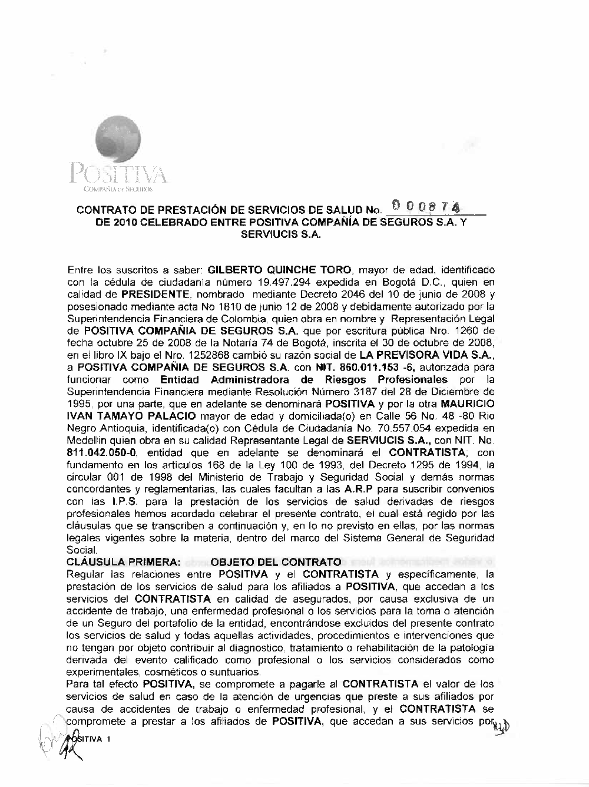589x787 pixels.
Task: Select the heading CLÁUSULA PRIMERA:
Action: coord(124,563)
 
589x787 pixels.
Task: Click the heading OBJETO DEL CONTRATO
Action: coord(276,563)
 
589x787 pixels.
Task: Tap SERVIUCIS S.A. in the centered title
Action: coord(280,234)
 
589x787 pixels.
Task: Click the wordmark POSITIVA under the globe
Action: coord(118,175)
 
